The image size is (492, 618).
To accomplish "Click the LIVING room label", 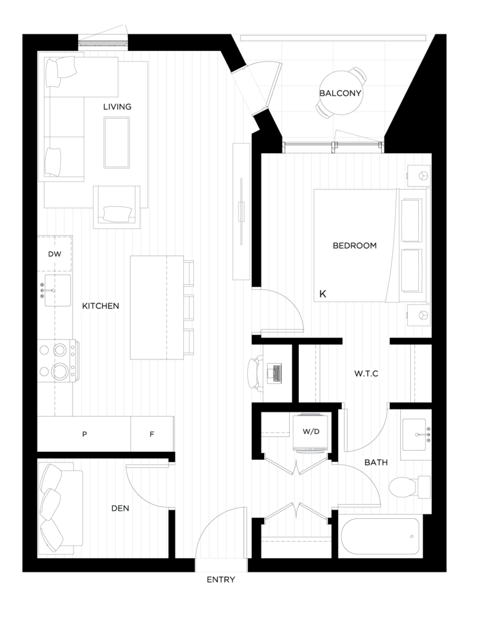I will tap(117, 107).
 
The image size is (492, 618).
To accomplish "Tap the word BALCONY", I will tap(340, 94).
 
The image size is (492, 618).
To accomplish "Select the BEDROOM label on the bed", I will tap(354, 246).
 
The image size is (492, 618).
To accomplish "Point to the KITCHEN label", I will tap(100, 306).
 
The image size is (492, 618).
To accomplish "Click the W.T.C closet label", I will tap(365, 374).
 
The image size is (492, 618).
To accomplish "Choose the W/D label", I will tap(311, 432).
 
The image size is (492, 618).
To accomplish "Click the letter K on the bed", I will tap(322, 294).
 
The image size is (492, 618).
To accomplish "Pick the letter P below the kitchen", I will tap(84, 434).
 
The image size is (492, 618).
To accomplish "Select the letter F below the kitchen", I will tap(151, 434).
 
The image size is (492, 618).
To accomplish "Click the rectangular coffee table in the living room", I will tap(117, 142).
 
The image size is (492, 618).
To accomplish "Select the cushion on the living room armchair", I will tap(119, 214).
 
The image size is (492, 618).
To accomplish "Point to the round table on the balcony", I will tap(340, 94).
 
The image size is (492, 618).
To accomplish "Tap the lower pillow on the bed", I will tap(412, 271).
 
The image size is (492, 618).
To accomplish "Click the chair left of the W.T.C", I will tap(256, 374).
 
